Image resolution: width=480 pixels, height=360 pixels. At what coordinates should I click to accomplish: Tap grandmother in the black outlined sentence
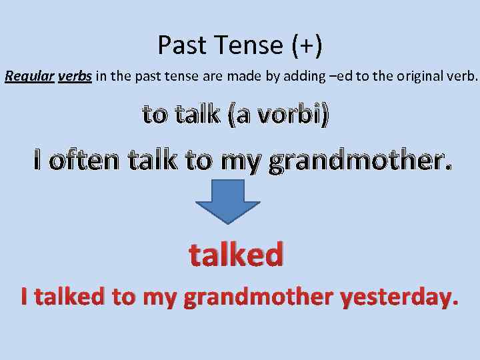coord(357,161)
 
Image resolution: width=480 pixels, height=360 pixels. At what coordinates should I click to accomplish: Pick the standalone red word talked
coord(236,254)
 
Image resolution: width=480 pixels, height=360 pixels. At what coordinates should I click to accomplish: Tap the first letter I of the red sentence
coord(25,296)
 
